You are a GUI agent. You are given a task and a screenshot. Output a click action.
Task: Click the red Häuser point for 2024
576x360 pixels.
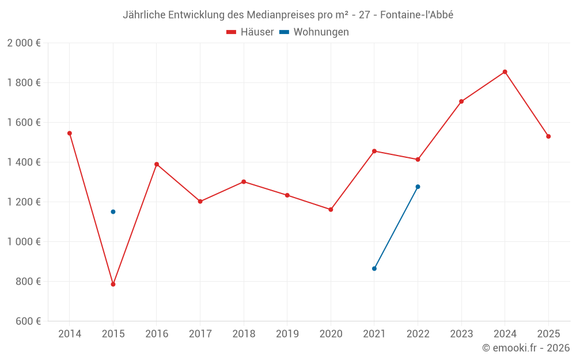[505, 72]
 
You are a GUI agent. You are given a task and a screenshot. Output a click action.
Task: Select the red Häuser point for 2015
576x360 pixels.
[113, 284]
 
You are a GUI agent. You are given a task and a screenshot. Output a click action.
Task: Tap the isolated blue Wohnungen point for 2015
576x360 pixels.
[113, 212]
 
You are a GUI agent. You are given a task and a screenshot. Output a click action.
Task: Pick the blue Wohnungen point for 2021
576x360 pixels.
[374, 268]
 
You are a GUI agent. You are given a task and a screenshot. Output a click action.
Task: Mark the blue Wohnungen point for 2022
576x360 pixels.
[418, 187]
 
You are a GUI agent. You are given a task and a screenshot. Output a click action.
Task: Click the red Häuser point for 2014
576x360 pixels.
[70, 133]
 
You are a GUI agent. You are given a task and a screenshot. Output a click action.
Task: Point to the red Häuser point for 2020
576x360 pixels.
[331, 210]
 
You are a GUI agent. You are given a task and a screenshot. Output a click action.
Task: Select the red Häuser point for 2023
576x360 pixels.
[461, 101]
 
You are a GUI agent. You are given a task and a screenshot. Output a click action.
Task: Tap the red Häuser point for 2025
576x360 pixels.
[548, 137]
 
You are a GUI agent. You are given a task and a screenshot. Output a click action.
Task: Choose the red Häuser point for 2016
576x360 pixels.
[157, 164]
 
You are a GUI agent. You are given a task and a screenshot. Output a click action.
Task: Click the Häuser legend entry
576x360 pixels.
[250, 32]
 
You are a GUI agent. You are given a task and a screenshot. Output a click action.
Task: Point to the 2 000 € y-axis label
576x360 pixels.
[24, 43]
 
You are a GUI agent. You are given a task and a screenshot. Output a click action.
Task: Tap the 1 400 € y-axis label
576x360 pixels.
[24, 162]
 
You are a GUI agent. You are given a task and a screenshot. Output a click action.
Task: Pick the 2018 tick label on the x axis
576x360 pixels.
[244, 334]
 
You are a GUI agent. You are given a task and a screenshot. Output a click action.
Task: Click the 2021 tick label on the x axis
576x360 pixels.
[374, 334]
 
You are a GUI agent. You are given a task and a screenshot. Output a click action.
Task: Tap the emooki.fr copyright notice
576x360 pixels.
[526, 348]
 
